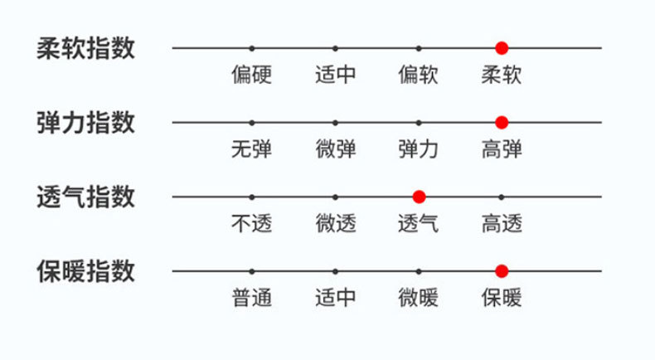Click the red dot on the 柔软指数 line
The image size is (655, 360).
tap(502, 48)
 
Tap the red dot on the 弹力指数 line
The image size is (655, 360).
tap(502, 123)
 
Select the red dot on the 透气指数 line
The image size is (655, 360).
tap(419, 197)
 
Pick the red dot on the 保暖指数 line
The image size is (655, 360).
tap(502, 270)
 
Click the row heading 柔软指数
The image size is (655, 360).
tap(86, 48)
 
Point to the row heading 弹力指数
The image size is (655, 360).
tap(86, 123)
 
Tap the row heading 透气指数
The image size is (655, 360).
tap(86, 197)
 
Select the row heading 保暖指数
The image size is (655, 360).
tap(86, 271)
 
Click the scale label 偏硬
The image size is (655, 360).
tap(252, 75)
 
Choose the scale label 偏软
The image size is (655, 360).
tap(419, 75)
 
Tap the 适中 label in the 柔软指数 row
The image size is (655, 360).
tap(336, 75)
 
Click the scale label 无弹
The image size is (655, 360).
tap(252, 150)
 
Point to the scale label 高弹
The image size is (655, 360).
tap(502, 150)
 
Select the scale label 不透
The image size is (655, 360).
tap(252, 224)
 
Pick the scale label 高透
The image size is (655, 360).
tap(502, 224)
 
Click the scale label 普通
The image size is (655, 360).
tap(252, 298)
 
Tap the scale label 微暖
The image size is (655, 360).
tap(419, 298)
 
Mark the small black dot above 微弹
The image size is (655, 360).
tap(336, 123)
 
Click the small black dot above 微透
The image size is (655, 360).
tap(336, 197)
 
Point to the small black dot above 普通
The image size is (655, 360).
tap(252, 270)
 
